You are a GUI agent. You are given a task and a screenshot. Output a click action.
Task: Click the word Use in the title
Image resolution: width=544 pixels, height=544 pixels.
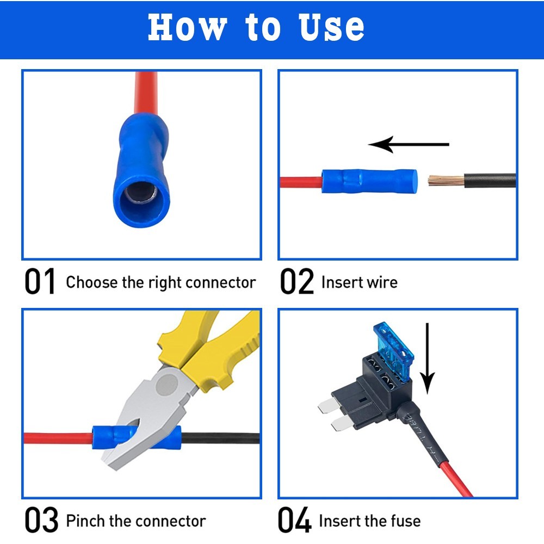click(x=331, y=27)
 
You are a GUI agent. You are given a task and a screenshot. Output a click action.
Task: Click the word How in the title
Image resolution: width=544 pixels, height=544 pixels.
click(x=187, y=27)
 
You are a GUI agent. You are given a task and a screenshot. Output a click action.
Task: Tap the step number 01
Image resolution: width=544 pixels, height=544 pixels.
click(x=40, y=281)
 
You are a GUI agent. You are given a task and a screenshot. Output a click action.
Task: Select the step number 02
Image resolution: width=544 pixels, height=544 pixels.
click(x=296, y=281)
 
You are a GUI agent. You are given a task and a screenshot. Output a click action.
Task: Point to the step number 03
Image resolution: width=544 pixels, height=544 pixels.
click(x=41, y=520)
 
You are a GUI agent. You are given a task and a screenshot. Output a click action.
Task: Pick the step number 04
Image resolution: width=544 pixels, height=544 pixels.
click(x=294, y=520)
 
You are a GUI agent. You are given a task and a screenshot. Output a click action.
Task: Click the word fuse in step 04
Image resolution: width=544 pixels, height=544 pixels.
click(x=406, y=521)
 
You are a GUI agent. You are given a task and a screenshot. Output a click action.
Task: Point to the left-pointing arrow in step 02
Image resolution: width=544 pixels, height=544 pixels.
click(x=409, y=144)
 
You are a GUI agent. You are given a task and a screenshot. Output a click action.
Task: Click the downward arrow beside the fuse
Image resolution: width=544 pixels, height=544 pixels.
click(x=428, y=358)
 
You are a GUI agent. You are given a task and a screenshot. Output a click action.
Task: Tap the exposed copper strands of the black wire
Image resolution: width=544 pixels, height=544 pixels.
click(x=446, y=181)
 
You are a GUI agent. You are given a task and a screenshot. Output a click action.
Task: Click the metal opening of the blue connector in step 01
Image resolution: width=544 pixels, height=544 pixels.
click(x=140, y=193)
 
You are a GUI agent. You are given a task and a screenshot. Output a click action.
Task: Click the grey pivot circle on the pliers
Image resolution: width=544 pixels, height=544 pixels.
click(x=167, y=385)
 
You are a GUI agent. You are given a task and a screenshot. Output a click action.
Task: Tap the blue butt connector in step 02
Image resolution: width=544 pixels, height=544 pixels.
click(x=369, y=181)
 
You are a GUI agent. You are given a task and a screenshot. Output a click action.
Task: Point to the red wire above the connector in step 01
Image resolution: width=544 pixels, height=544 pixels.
click(x=146, y=93)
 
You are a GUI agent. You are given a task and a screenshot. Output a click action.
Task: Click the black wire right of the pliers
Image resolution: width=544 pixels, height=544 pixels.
click(x=220, y=438)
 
